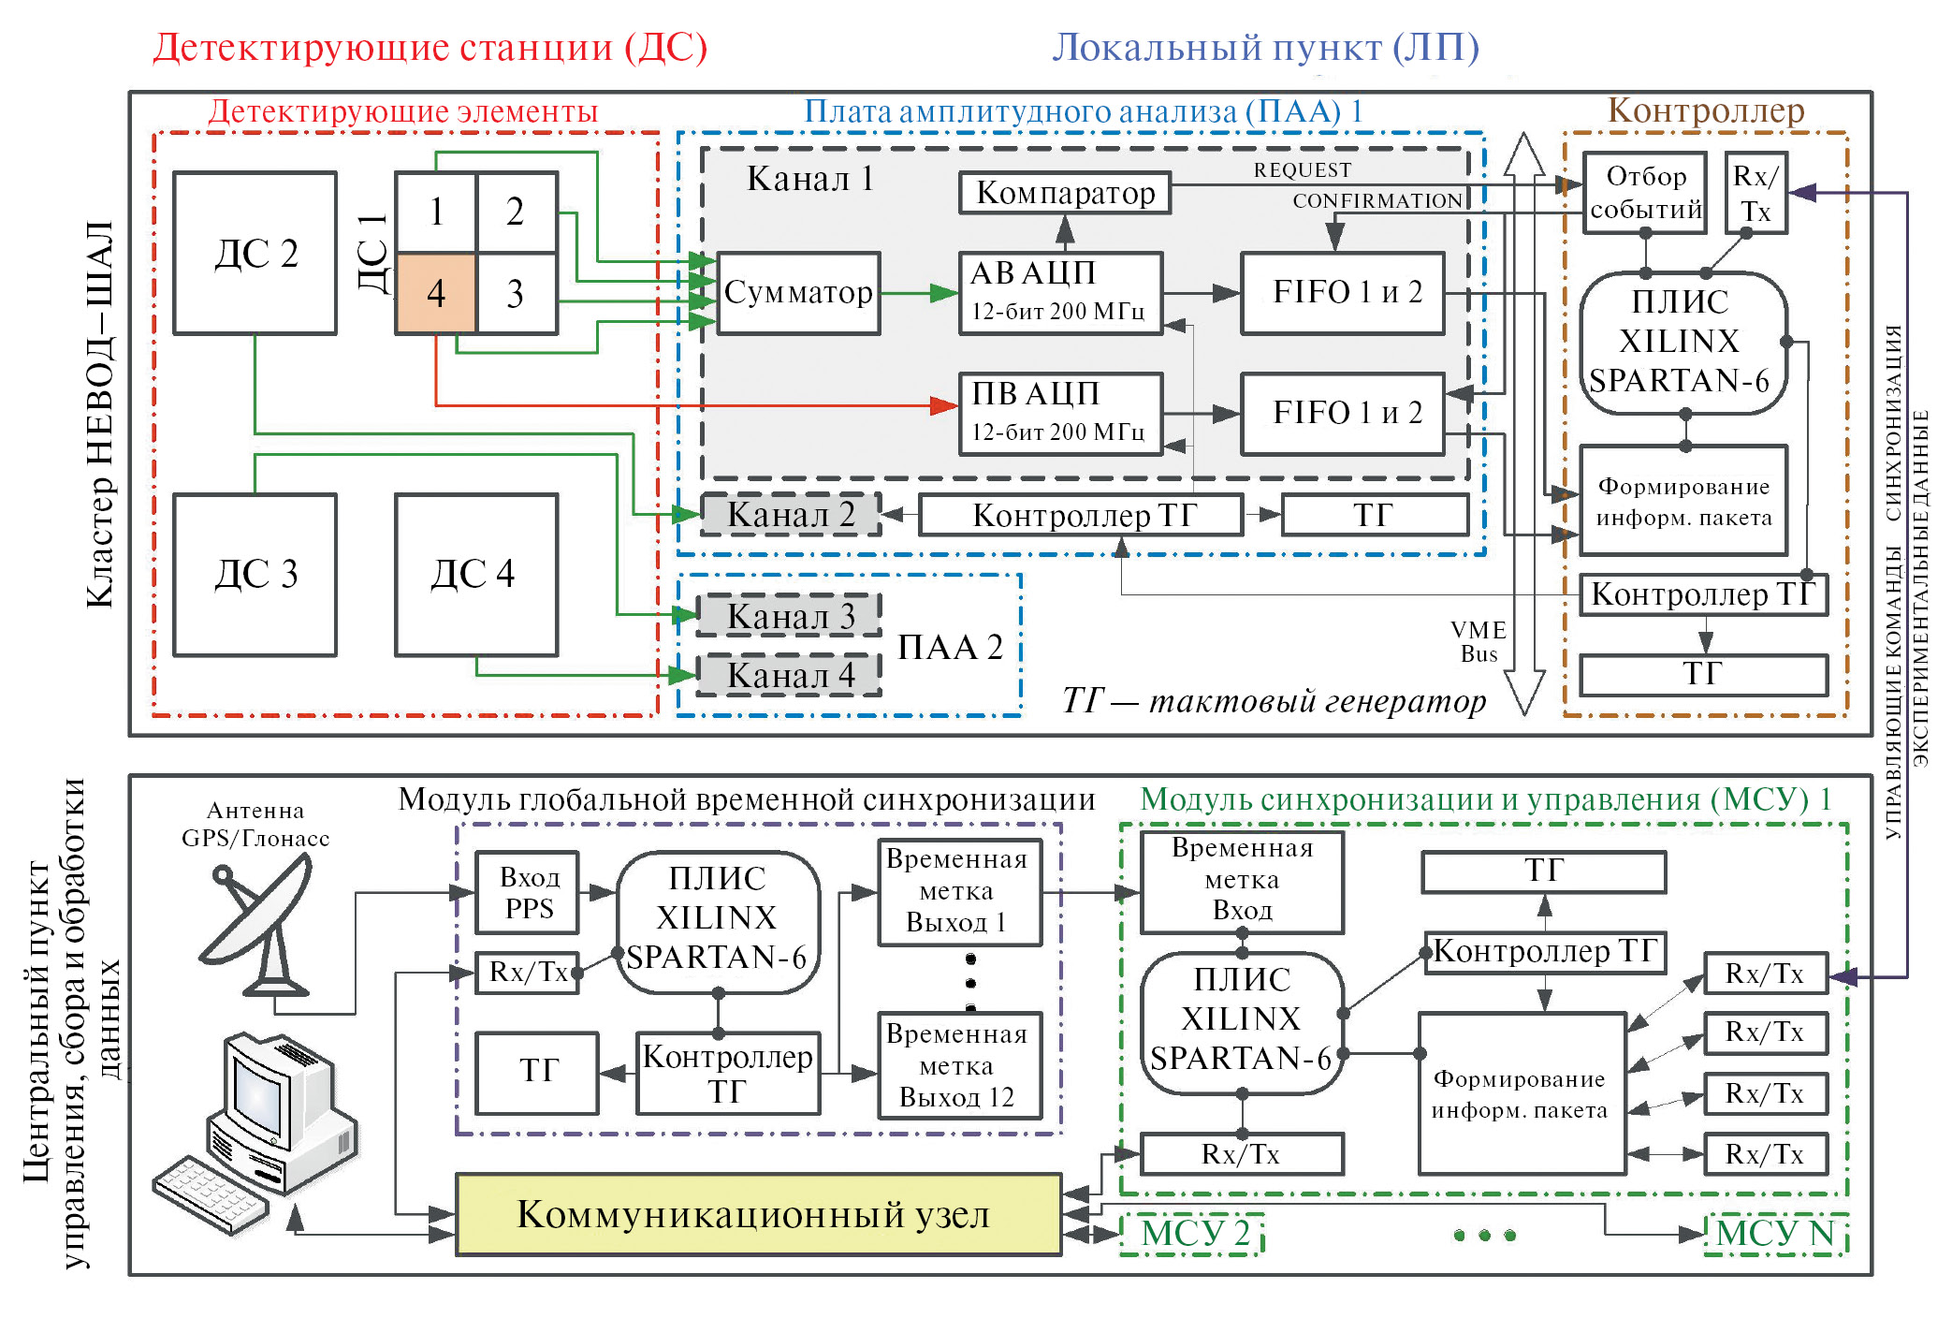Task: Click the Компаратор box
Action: (x=1065, y=193)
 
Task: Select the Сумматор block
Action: (x=798, y=293)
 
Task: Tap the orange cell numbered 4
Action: (x=436, y=293)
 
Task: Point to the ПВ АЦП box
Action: (x=1060, y=414)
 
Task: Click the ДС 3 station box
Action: (x=255, y=575)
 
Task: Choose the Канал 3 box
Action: (x=791, y=617)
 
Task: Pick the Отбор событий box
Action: (x=1645, y=193)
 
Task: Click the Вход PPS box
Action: (x=528, y=893)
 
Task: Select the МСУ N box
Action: (x=1775, y=1234)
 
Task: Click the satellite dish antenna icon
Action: (x=257, y=927)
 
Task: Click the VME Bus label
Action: (x=1479, y=642)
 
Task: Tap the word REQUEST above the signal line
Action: (x=1303, y=170)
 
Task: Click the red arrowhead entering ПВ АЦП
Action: (x=943, y=405)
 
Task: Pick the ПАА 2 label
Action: (x=950, y=648)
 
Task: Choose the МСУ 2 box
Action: (x=1194, y=1234)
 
